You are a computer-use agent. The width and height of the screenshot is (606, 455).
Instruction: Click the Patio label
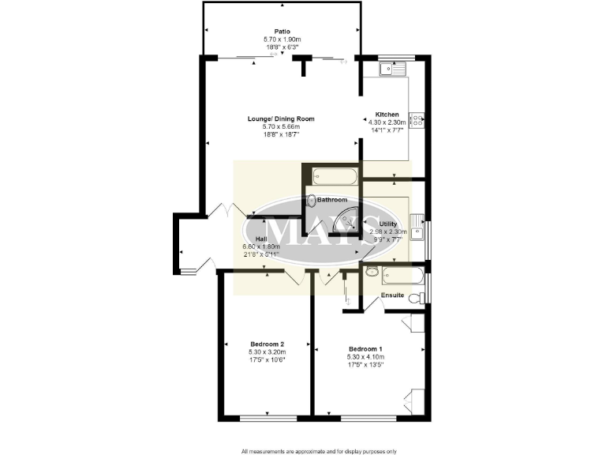point(282,32)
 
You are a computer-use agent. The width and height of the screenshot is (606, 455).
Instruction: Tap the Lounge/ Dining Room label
point(282,119)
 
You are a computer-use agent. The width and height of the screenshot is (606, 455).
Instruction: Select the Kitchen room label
point(387,115)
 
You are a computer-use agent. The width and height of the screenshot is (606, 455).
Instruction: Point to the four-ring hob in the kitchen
point(418,122)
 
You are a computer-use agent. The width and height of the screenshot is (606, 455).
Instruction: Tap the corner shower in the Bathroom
point(346,221)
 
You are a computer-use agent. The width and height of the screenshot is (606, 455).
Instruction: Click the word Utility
point(388,224)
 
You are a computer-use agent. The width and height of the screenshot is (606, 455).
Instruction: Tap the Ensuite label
point(392,295)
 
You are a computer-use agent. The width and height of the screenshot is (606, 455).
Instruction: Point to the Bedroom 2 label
point(267,344)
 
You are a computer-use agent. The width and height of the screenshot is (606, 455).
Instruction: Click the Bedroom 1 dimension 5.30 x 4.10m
point(365,357)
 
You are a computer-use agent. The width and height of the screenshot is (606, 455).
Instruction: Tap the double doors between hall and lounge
point(223,210)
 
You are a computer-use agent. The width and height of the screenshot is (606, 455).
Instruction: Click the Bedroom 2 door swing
point(296,276)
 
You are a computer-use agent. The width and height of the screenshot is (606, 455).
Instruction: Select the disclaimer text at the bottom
point(318,450)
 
